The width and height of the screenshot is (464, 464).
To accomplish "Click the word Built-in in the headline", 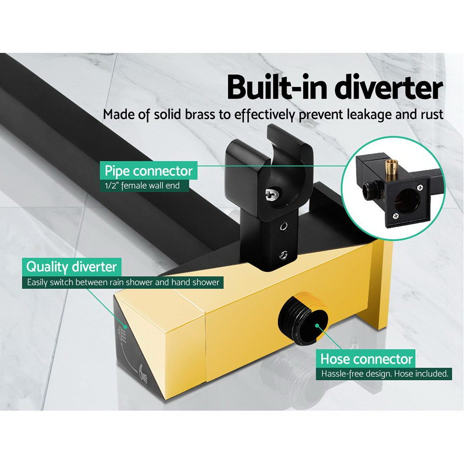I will click(x=280, y=88).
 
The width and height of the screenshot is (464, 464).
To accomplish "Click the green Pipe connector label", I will click(x=148, y=171).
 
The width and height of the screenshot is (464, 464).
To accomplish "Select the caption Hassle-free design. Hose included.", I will click(x=384, y=374).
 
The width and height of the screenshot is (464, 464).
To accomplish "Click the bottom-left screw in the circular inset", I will click(x=395, y=214).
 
